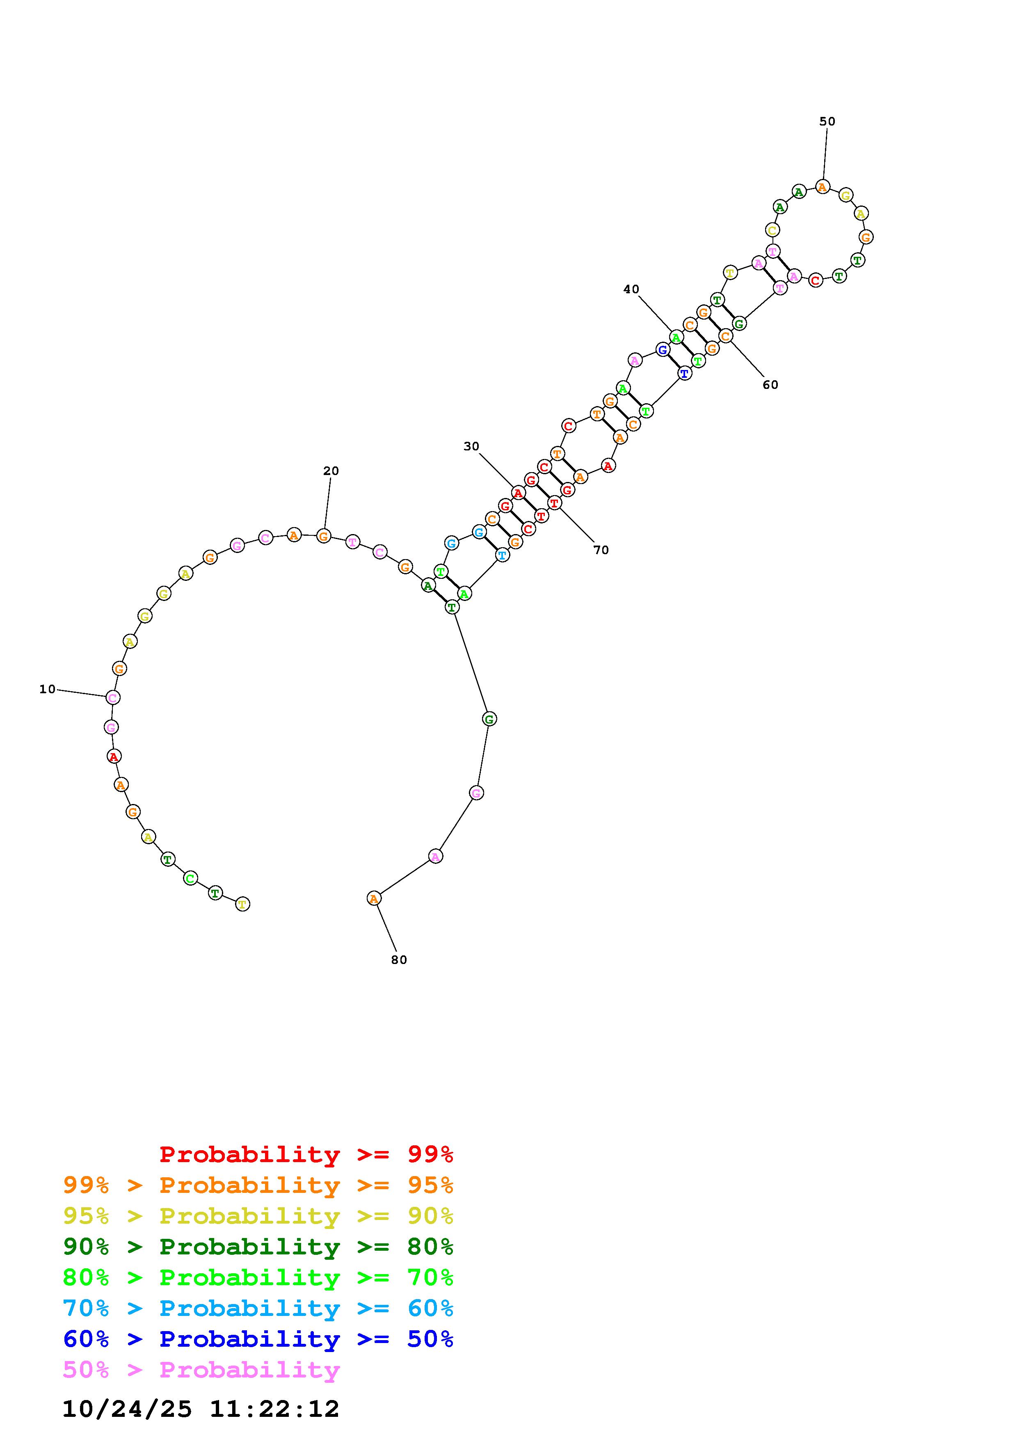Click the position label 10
point(48,690)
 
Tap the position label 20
point(331,471)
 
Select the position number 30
point(471,446)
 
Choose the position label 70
point(601,550)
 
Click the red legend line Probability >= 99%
point(306,1154)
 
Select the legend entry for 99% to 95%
point(258,1185)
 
